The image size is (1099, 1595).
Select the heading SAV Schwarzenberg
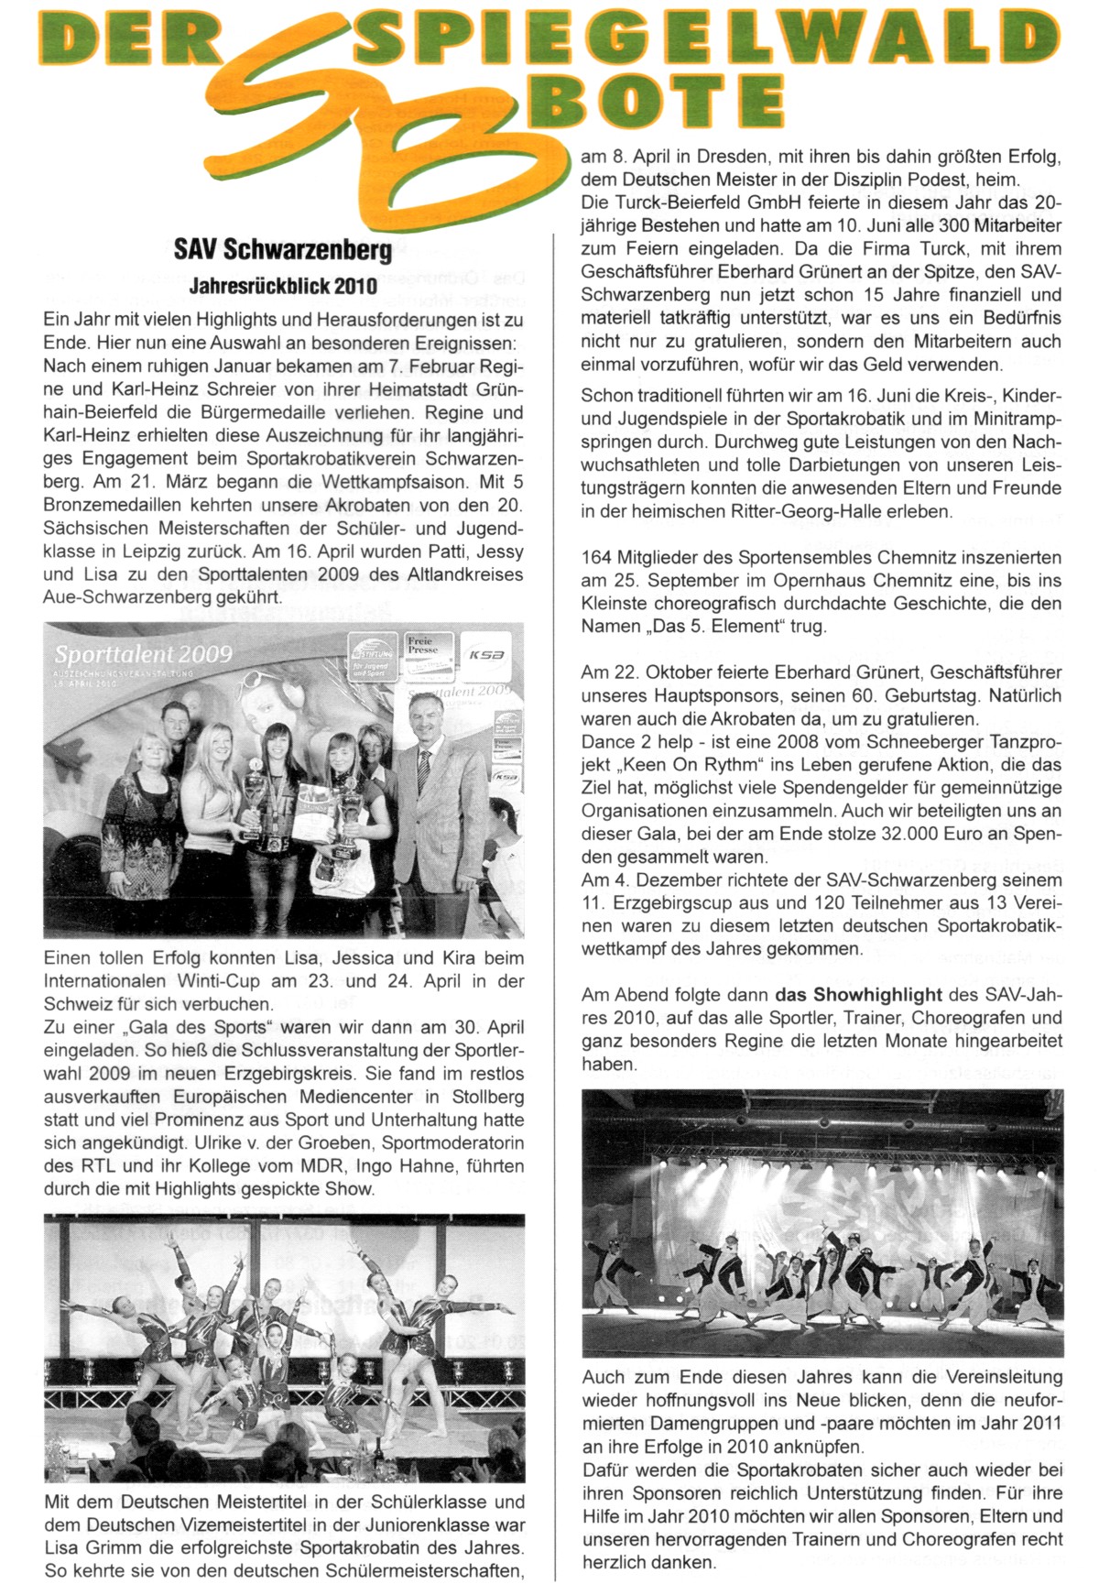(283, 249)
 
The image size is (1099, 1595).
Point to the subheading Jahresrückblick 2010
(283, 286)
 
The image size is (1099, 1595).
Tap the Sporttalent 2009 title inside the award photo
(143, 654)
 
